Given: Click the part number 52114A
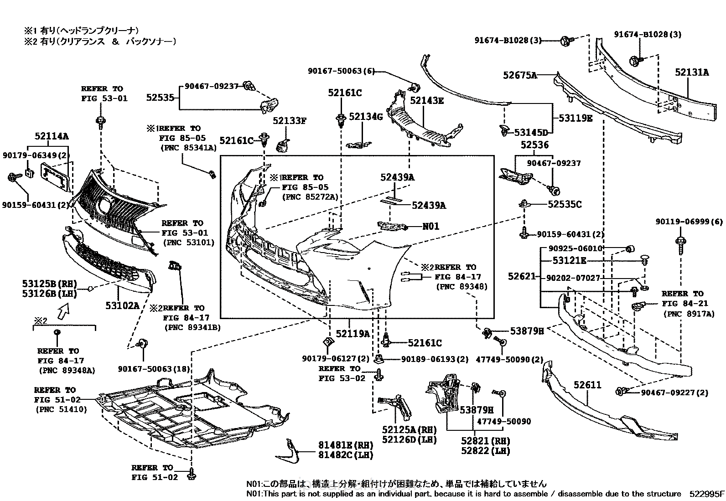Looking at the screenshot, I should (x=52, y=136).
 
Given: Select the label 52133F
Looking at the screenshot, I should (x=290, y=121).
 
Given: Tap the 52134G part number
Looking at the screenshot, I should (x=366, y=117).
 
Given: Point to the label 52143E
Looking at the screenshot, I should (x=427, y=101).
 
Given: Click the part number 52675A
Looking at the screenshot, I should (x=520, y=75).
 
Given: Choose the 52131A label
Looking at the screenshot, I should (x=692, y=72).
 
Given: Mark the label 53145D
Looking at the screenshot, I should (x=530, y=133).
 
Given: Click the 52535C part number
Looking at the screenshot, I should (x=565, y=205).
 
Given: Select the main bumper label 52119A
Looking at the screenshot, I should (x=353, y=334).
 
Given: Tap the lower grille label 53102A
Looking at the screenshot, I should (x=122, y=305).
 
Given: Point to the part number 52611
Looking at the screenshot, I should (x=587, y=385).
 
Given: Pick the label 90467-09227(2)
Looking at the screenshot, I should (x=674, y=393).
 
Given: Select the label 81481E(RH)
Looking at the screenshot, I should (x=345, y=445).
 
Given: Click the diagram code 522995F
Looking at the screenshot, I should (x=706, y=494).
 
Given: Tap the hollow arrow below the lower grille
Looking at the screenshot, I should (x=62, y=312).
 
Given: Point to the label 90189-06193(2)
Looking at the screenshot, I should (x=435, y=359).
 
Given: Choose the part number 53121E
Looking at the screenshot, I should (x=569, y=261).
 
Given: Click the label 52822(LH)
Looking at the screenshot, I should (x=485, y=451).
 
